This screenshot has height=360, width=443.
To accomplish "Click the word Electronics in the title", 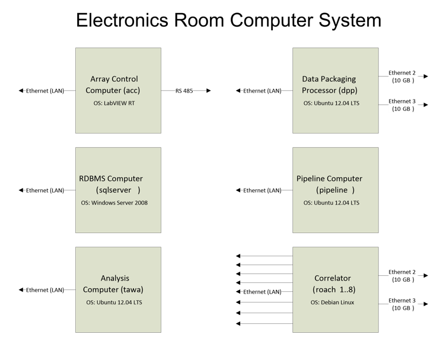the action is pos(122,20).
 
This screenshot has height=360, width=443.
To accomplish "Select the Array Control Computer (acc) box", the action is pos(118,90).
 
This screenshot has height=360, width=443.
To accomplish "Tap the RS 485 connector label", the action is pos(184,91).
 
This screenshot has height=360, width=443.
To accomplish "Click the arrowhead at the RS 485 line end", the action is pos(209,90).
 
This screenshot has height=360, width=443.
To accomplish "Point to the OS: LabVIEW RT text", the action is pos(114,103).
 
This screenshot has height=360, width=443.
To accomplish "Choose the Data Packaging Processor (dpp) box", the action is pos(335,90).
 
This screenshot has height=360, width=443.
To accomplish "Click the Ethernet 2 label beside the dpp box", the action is pos(402,73).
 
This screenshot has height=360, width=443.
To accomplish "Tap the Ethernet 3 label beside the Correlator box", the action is pos(402,300).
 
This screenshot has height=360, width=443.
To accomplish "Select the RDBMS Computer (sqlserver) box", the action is pos(118,190).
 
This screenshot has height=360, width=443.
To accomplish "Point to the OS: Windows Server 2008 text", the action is pos(114,203).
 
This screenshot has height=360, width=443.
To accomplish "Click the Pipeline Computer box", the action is pos(335,190).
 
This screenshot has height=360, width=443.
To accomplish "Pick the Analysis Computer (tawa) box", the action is pos(118,289).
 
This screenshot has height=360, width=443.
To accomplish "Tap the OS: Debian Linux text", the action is pos(332,302).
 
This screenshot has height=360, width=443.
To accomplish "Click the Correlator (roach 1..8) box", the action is pos(335,289).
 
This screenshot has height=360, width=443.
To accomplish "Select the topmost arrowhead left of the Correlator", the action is pos(238,256).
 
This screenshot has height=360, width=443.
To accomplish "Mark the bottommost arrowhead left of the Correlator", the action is pos(238,324).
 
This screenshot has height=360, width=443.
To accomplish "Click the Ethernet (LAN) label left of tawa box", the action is pos(45,290).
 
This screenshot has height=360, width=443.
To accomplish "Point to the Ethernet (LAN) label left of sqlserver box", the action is pos(45,190).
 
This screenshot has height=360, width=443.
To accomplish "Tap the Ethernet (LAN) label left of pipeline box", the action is pos(262,190).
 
